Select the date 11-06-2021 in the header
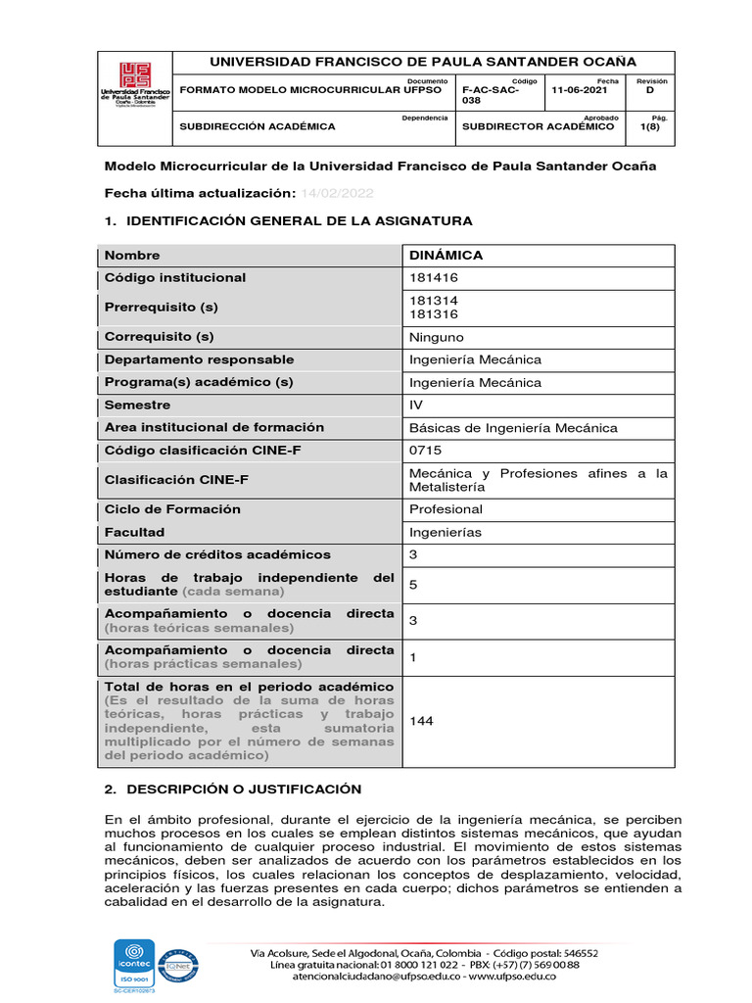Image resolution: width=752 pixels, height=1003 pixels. [x=580, y=89]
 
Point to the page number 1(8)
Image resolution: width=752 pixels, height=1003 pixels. [x=649, y=126]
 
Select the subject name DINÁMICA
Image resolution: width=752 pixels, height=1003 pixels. [x=446, y=256]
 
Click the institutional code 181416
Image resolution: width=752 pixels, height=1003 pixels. [x=433, y=278]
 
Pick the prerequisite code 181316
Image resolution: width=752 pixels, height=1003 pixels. [x=433, y=314]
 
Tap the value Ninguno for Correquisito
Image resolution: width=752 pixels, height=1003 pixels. [x=437, y=337]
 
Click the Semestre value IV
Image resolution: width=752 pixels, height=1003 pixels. [x=416, y=405]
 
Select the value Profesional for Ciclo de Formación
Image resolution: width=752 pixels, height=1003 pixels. [x=446, y=509]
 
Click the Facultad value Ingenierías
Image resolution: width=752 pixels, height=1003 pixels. [x=446, y=532]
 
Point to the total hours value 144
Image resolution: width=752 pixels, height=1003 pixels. [x=421, y=721]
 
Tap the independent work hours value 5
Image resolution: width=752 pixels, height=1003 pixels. [x=413, y=585]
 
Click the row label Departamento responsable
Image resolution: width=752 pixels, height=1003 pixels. [x=199, y=359]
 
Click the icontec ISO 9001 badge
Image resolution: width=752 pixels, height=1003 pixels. [x=135, y=966]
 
